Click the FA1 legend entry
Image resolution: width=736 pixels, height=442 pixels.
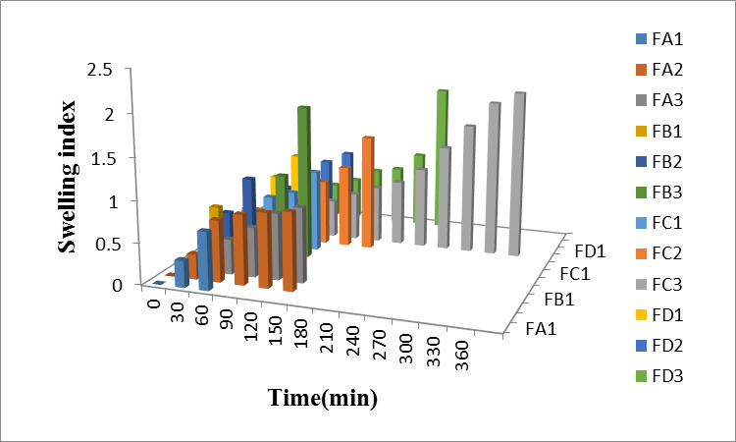(665, 40)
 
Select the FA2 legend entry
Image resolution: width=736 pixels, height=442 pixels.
(665, 70)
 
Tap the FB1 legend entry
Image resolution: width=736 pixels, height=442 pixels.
(665, 131)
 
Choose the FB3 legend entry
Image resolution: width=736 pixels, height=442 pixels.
(665, 192)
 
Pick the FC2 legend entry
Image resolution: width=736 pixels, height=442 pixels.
(665, 252)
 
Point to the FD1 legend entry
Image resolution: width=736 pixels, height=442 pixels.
(665, 313)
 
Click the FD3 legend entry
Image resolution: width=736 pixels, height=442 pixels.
(665, 374)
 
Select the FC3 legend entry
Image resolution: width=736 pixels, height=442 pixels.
(665, 283)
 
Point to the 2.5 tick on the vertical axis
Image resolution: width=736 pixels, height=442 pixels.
(127, 70)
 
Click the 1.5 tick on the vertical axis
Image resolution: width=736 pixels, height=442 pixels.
(127, 157)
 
